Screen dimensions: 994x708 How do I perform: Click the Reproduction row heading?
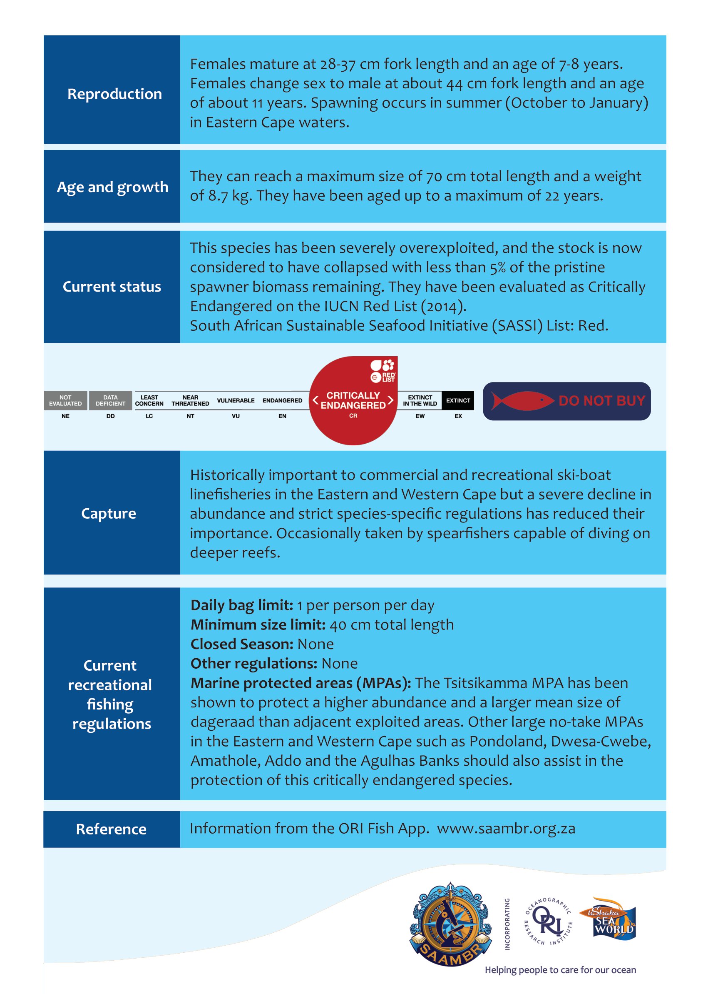tap(114, 94)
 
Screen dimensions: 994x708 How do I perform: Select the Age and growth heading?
tap(112, 187)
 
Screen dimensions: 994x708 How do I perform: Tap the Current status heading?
tap(112, 287)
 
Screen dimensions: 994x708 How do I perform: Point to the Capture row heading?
tap(109, 513)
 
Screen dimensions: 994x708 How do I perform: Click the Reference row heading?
tap(111, 829)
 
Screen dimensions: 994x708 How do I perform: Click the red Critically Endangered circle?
tap(353, 401)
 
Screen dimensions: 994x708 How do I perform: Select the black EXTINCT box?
tap(458, 400)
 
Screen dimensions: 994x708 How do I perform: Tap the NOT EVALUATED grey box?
tap(65, 400)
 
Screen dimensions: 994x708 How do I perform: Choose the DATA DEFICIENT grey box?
tap(110, 400)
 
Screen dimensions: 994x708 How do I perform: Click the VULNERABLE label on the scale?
tap(236, 400)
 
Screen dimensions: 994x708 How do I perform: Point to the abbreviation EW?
tap(420, 416)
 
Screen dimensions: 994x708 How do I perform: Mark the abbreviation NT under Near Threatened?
tap(190, 416)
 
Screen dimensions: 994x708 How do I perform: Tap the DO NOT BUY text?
tap(601, 401)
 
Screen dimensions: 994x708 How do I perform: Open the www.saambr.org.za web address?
tap(506, 828)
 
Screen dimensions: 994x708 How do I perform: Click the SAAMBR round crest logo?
tap(450, 923)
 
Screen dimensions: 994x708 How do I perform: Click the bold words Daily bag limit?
tap(241, 605)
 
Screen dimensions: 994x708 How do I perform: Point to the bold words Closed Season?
tap(241, 644)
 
